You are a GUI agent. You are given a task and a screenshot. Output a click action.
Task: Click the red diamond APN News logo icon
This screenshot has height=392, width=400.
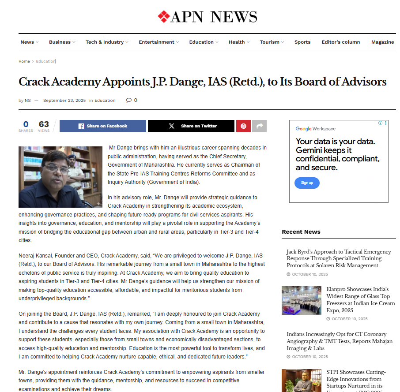click(164, 17)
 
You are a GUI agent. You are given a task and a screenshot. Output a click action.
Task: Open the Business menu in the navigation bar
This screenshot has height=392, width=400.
click(60, 42)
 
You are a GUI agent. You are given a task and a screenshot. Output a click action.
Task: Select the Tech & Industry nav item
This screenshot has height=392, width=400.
click(105, 42)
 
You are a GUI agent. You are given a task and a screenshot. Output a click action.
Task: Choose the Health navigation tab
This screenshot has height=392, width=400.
click(237, 42)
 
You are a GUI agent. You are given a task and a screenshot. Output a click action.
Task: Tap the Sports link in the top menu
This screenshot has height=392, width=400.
click(302, 42)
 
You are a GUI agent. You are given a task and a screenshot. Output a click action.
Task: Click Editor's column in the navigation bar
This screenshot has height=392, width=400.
click(340, 42)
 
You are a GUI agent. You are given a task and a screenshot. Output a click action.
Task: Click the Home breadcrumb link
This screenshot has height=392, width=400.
click(24, 62)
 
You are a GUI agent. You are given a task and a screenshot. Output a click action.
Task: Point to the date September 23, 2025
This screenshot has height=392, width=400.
click(64, 101)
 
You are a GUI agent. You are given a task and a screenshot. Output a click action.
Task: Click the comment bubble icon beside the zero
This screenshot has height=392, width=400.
click(128, 101)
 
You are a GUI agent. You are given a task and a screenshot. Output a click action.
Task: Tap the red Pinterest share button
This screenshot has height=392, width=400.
click(243, 126)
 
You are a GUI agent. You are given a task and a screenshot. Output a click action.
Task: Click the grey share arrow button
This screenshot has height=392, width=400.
click(259, 126)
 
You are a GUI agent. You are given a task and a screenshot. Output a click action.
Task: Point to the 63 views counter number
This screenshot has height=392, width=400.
click(44, 124)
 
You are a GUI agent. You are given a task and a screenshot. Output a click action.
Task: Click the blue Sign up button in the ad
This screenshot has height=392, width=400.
click(307, 183)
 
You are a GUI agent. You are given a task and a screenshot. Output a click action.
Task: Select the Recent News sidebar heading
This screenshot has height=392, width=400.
click(301, 232)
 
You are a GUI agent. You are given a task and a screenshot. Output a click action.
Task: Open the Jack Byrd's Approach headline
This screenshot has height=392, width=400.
click(339, 258)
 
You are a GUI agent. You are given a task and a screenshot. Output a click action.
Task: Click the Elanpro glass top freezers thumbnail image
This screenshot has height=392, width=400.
click(302, 300)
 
